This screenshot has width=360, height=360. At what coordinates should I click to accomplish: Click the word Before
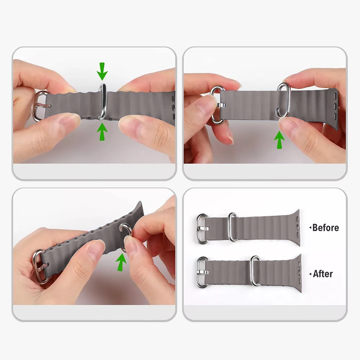coord(325,228)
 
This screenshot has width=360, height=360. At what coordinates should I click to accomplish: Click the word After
coord(323,274)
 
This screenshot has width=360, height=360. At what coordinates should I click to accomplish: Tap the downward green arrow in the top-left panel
coord(102,71)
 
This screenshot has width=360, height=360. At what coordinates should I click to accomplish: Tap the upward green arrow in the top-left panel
coord(102,131)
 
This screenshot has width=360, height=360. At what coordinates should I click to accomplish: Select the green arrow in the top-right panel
coord(279,140)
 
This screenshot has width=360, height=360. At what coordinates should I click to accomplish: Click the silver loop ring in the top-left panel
coord(103,101)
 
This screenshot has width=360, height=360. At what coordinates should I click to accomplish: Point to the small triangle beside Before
coord(310,228)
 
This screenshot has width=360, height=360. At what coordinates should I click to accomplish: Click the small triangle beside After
coord(310,274)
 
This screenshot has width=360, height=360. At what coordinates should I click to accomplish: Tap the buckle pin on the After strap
coord(203,272)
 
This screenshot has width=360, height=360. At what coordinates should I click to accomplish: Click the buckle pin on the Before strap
coord(203,228)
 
